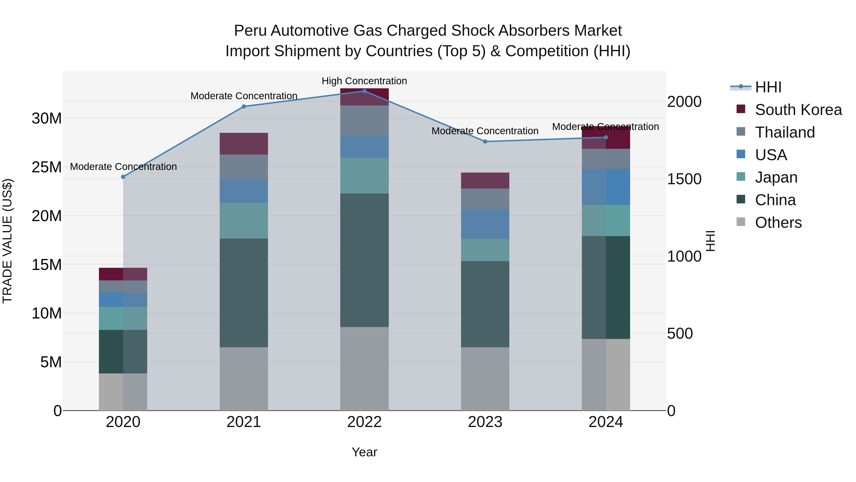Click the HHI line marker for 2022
[364, 91]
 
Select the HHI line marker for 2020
[123, 177]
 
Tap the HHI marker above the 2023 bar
[485, 142]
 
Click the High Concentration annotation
[364, 81]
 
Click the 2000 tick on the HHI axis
[684, 102]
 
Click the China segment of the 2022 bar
[364, 260]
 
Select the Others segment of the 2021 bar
[243, 379]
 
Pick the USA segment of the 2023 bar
[485, 224]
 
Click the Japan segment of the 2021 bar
[243, 221]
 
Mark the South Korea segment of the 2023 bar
[485, 181]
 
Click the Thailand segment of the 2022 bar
[364, 121]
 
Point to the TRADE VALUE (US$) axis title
[7, 241]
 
